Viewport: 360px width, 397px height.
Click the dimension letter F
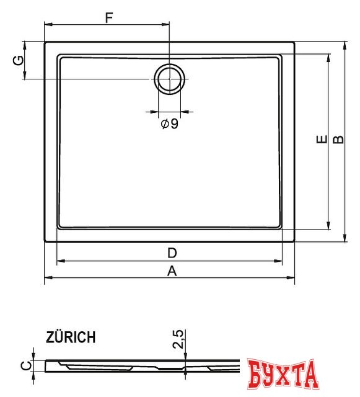tap(108, 17)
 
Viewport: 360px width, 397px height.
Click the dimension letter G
tap(19, 60)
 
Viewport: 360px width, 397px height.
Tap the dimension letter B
tap(338, 140)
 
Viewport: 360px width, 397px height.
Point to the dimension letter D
tap(172, 252)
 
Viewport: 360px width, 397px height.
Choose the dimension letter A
tap(172, 270)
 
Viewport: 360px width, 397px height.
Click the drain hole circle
tap(169, 79)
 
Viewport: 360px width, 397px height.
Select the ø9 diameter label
tap(169, 123)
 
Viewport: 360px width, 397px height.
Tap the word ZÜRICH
tap(71, 337)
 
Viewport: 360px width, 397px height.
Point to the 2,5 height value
tap(178, 340)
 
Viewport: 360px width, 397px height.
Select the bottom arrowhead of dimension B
tap(345, 239)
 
